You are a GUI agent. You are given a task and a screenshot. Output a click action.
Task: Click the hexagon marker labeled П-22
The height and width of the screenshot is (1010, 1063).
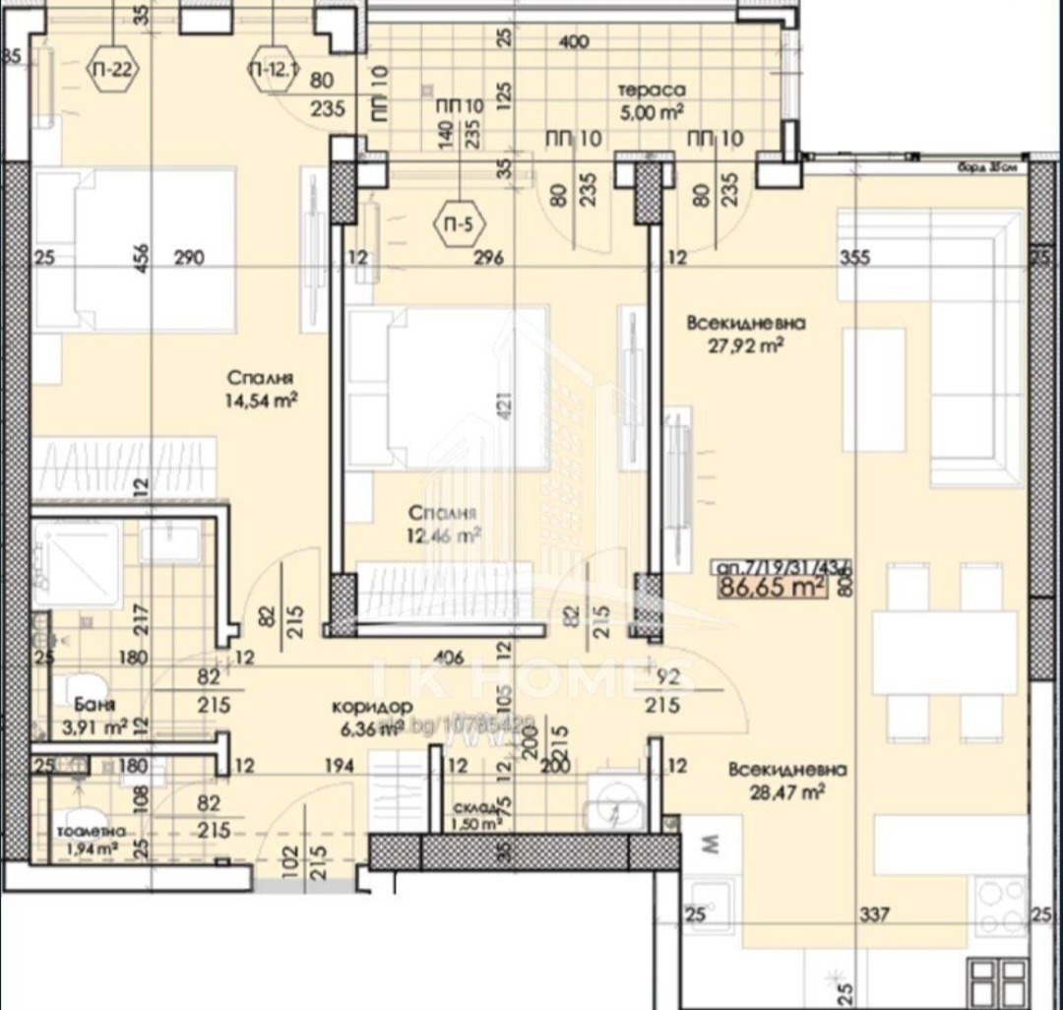tap(114, 70)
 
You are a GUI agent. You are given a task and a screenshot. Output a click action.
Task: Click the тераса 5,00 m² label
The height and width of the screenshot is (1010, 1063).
tap(651, 99)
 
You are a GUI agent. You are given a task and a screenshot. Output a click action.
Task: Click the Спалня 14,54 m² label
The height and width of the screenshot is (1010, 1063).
tap(262, 390)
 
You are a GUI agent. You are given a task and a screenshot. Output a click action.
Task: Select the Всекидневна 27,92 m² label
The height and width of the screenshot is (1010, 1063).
tap(747, 333)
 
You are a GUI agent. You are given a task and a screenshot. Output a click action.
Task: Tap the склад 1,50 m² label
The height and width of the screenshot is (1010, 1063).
tap(476, 816)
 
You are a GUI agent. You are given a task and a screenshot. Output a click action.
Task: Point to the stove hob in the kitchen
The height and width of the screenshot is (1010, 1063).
tap(1000, 906)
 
